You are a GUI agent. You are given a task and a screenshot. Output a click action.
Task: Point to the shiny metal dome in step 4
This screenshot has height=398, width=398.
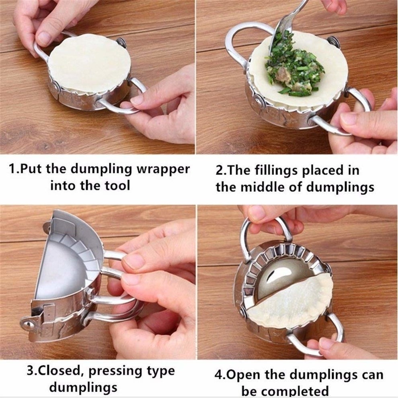[281, 277]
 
